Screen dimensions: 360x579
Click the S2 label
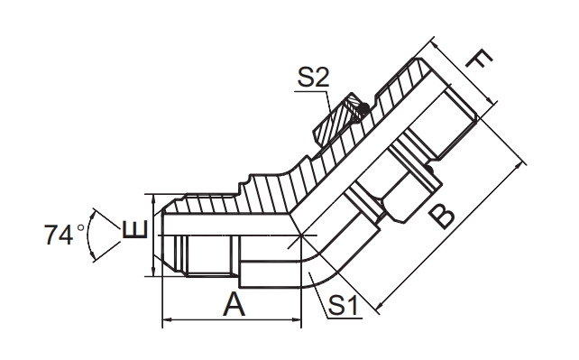(x=313, y=78)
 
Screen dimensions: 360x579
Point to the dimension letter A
(x=234, y=305)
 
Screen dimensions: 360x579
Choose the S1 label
(x=344, y=306)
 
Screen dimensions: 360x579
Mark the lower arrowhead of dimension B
(x=377, y=308)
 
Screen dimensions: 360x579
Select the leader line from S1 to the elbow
(x=320, y=289)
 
